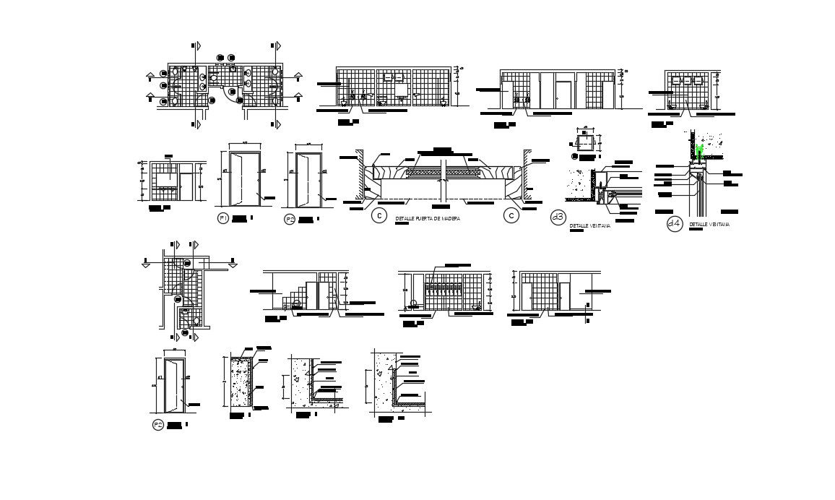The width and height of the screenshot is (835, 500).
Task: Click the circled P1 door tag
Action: [222, 218]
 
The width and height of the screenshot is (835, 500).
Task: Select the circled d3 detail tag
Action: [558, 217]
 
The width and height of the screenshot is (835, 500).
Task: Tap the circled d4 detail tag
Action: [674, 224]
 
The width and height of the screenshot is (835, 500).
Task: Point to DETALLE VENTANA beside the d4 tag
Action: [709, 225]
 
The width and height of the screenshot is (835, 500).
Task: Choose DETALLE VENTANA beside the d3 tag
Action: [590, 226]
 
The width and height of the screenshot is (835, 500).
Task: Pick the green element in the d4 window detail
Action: [699, 150]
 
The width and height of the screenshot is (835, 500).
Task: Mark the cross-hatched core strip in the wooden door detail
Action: [442, 173]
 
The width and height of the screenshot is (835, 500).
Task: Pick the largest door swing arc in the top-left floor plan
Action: [233, 96]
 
